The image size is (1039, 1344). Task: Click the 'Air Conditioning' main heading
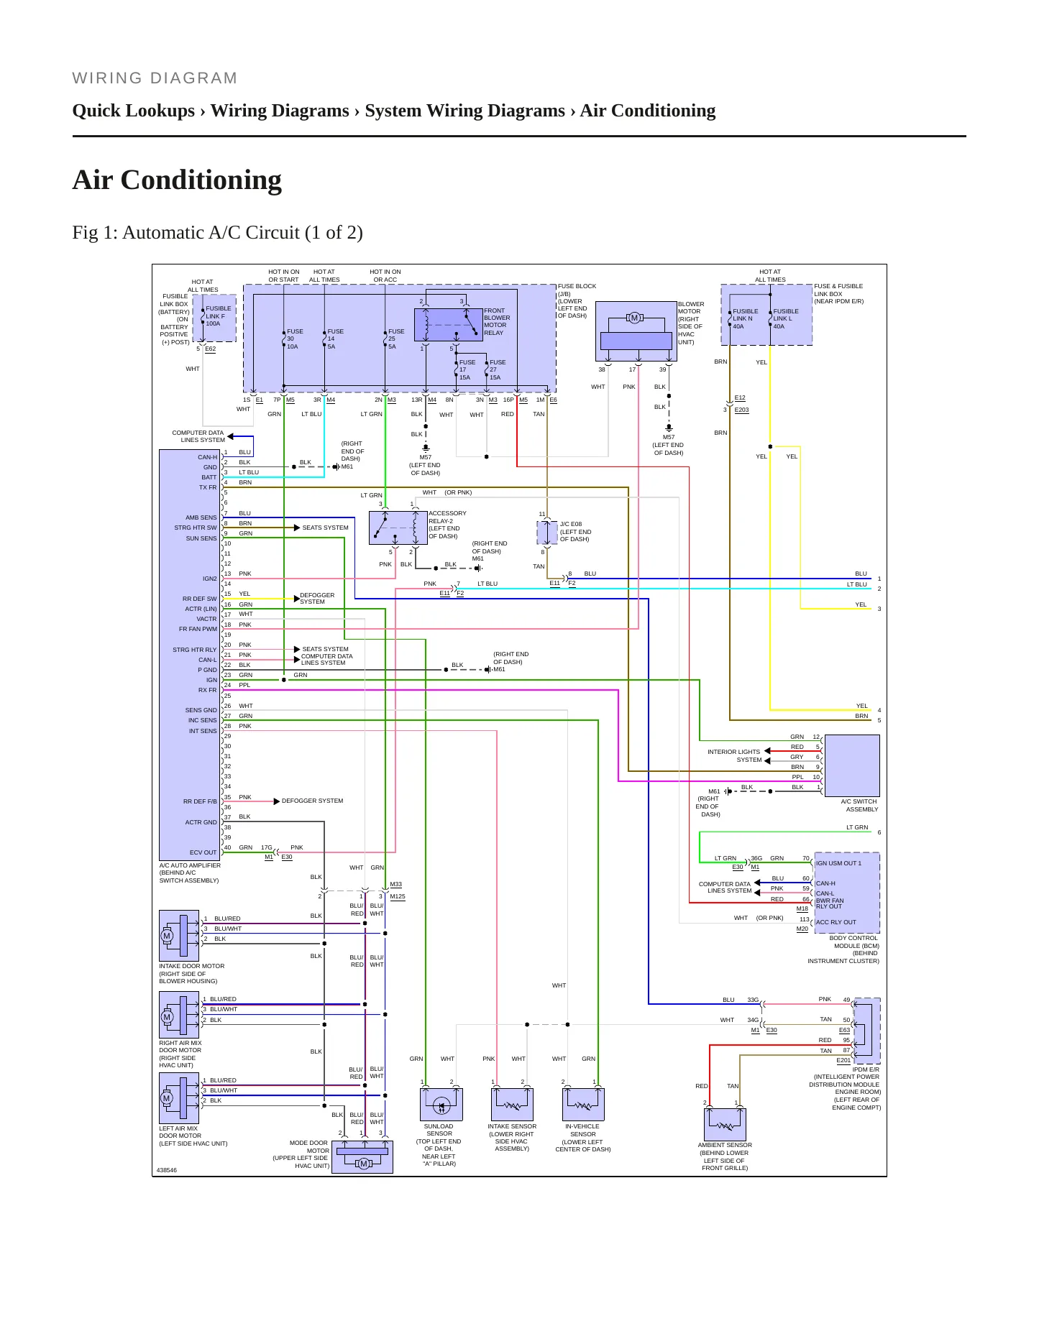coord(177,180)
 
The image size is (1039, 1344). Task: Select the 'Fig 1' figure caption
coord(217,232)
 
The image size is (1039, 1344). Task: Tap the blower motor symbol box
coord(636,331)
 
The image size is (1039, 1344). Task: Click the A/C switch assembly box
coord(852,765)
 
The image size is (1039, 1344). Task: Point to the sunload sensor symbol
coord(441,1104)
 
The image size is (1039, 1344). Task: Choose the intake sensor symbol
coord(512,1104)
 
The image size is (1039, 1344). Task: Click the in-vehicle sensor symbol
coord(583,1104)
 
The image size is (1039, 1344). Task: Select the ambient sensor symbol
coord(725,1124)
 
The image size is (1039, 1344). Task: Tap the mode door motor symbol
coord(362,1156)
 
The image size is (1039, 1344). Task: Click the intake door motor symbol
coord(179,936)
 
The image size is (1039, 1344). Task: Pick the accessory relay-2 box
coord(398,528)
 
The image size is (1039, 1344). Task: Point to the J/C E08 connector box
coord(547,533)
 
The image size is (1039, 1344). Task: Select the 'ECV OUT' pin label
coord(203,852)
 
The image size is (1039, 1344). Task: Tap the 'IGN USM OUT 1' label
coord(838,863)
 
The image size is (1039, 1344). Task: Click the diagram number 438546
coord(167,1170)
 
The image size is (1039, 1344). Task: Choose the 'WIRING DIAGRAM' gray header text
coord(155,78)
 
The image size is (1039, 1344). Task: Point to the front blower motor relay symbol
coord(448,324)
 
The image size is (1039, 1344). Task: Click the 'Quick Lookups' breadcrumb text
coord(134,111)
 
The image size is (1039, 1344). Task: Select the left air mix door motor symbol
coord(179,1098)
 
